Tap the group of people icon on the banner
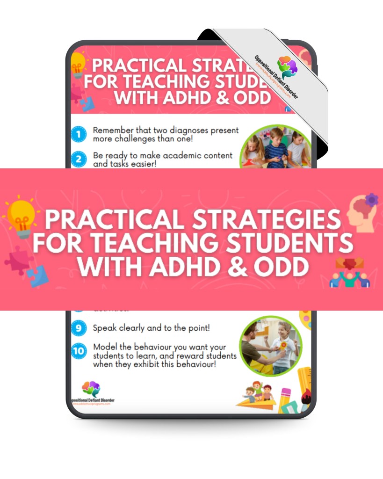coord(350,273)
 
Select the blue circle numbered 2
coord(79,159)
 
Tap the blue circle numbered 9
coord(79,328)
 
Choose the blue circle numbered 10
coord(79,350)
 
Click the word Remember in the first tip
coord(114,131)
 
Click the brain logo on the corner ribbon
coord(287,67)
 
